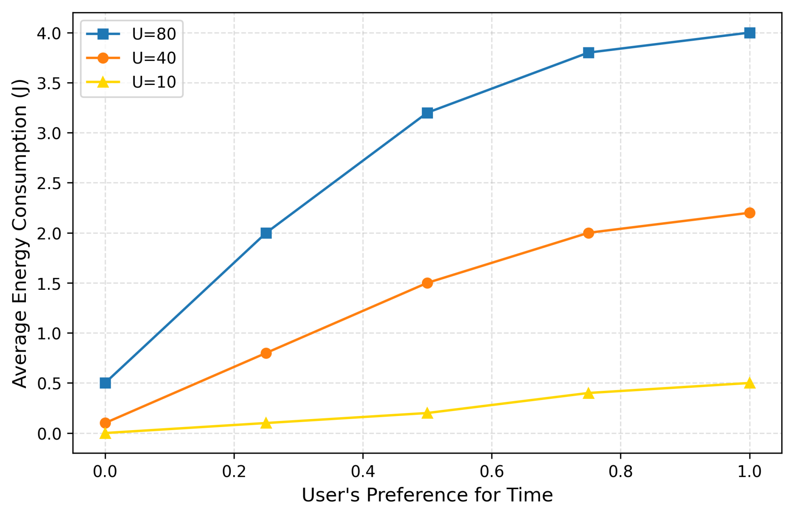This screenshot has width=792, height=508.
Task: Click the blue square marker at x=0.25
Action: click(266, 233)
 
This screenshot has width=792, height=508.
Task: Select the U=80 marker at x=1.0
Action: click(749, 33)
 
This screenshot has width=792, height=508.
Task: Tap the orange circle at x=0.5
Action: click(427, 283)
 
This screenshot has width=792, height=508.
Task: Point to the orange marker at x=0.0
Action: click(105, 423)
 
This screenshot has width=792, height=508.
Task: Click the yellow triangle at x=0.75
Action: click(588, 393)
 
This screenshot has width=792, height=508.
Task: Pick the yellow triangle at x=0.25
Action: click(266, 423)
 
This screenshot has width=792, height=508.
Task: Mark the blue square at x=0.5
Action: click(427, 113)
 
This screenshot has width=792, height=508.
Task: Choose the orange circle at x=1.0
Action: click(749, 213)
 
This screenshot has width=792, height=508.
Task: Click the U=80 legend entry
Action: click(154, 34)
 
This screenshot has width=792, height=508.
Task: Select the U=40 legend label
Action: click(154, 58)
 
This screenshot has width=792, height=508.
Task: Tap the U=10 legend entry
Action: click(154, 82)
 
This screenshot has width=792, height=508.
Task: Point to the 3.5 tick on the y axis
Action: click(49, 83)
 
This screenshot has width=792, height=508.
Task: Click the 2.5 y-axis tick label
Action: click(49, 183)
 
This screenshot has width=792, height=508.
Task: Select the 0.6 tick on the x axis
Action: click(492, 472)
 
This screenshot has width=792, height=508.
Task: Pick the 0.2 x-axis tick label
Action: click(234, 472)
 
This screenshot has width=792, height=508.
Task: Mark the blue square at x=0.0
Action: click(105, 383)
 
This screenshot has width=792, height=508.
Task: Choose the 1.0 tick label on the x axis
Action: click(749, 472)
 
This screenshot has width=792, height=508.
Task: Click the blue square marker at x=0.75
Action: click(588, 53)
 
